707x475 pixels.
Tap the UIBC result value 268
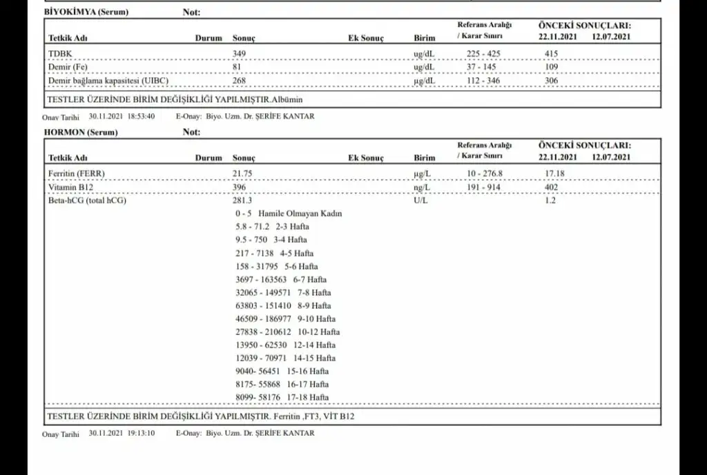click(x=240, y=81)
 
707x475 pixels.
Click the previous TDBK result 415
click(x=551, y=54)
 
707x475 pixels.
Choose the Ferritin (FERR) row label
click(x=77, y=173)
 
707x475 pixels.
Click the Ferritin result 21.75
click(x=244, y=173)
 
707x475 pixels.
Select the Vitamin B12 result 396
click(x=240, y=187)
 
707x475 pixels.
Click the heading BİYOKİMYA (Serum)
click(x=86, y=12)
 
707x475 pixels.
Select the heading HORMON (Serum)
click(x=81, y=132)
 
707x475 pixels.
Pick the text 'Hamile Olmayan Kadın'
click(x=300, y=214)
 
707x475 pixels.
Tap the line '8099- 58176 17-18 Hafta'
click(x=282, y=397)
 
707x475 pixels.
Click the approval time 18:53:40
click(x=141, y=117)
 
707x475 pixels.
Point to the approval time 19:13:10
click(x=141, y=434)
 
